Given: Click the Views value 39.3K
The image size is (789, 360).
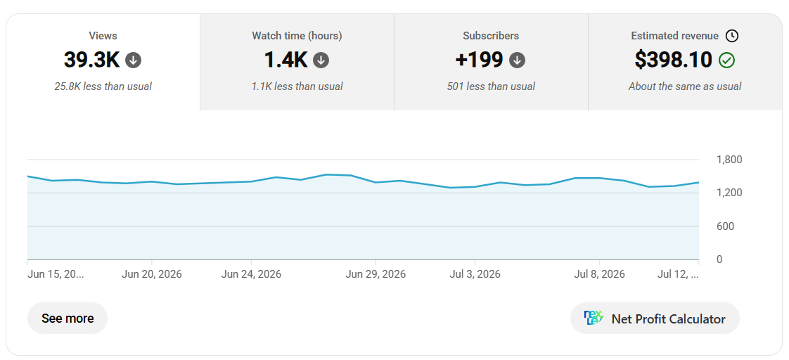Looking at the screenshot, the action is (91, 60).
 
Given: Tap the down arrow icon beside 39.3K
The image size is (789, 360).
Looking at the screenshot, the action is (134, 60).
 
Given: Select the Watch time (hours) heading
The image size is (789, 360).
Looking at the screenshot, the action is (297, 36).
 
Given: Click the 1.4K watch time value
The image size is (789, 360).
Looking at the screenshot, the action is (286, 60).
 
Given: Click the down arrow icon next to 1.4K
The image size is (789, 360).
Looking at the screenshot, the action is (321, 60).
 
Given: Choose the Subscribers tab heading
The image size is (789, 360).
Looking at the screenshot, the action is (491, 36).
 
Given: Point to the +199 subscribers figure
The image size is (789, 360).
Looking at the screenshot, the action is (479, 60).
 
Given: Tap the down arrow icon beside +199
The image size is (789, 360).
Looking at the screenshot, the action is (518, 60).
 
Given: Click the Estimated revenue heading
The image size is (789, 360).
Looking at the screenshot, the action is (675, 36).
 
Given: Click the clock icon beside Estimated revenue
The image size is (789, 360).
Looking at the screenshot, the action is (732, 36).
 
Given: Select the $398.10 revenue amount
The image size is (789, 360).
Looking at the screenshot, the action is (673, 60).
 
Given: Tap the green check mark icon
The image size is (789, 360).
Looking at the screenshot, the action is (726, 60).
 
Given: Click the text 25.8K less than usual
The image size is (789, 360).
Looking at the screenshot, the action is (103, 86).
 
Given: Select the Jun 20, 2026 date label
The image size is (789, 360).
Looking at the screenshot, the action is (151, 274).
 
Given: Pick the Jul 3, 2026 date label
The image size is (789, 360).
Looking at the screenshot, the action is (475, 274).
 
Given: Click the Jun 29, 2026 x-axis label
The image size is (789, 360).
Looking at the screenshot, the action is (376, 274).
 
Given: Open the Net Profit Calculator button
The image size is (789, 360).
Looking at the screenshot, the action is (655, 319).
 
